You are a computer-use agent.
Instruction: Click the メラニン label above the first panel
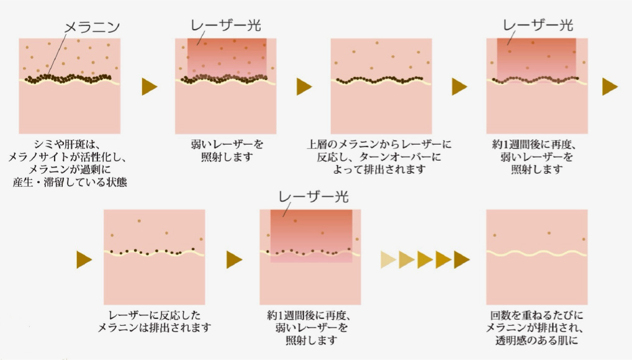click(93, 27)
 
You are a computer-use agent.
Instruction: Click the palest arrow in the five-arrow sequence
click(389, 260)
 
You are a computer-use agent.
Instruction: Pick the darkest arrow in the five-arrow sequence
click(462, 260)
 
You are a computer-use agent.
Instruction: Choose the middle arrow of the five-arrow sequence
click(425, 260)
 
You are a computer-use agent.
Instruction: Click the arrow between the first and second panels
click(150, 87)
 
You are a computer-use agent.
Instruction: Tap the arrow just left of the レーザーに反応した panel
click(84, 260)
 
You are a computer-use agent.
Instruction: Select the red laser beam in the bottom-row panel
click(311, 236)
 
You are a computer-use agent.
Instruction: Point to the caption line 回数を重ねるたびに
click(536, 315)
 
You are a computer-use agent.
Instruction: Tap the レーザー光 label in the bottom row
click(313, 197)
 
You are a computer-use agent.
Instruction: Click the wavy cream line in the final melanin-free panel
click(536, 254)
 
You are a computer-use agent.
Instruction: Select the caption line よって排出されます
click(379, 169)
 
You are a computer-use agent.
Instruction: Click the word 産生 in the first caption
click(22, 182)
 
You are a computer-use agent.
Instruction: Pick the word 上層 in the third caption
click(317, 145)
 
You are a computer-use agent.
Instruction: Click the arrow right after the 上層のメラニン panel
click(459, 87)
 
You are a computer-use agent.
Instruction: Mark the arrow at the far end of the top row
click(610, 87)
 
